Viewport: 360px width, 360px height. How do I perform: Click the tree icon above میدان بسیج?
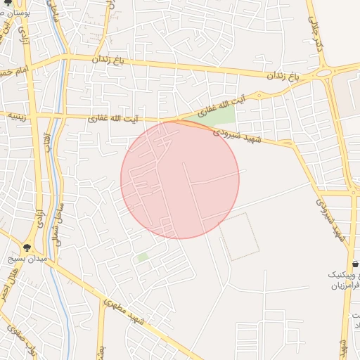pos(27,247)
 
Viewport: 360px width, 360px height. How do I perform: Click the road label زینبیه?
pos(15,117)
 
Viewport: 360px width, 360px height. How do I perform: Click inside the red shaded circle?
pos(180,180)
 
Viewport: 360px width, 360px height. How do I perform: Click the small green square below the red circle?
pos(143,257)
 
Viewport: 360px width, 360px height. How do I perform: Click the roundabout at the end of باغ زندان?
pos(324,71)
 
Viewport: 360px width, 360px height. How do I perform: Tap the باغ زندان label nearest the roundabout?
pos(282,75)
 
